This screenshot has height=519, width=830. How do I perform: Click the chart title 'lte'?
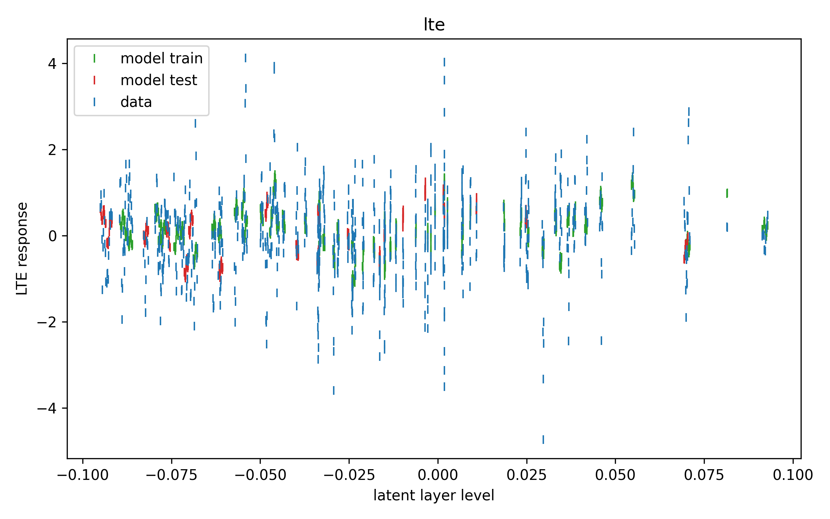[434, 25]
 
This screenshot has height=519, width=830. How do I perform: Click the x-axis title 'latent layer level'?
[434, 495]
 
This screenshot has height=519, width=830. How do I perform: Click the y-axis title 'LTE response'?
[22, 248]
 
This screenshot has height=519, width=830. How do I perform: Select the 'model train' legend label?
[162, 58]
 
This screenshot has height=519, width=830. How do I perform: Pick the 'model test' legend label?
[159, 80]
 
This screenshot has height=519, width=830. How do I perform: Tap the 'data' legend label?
[136, 102]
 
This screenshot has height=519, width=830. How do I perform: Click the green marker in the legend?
[94, 58]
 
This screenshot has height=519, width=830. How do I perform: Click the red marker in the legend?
[94, 80]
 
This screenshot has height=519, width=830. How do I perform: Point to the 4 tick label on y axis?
[52, 64]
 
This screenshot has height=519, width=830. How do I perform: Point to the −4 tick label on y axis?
[47, 408]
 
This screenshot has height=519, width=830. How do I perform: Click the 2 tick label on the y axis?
[52, 150]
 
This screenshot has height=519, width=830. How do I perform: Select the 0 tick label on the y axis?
[52, 236]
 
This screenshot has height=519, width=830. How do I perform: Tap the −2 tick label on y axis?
[47, 322]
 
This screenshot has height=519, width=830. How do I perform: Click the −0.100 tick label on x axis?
[83, 475]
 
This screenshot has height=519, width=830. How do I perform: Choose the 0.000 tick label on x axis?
[438, 475]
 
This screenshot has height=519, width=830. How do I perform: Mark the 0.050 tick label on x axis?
[615, 475]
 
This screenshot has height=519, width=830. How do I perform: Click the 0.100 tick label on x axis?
[793, 475]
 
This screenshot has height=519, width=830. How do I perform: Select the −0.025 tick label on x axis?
[349, 475]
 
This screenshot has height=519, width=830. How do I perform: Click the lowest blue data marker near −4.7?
[543, 439]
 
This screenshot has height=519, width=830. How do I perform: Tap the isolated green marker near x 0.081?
[727, 193]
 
